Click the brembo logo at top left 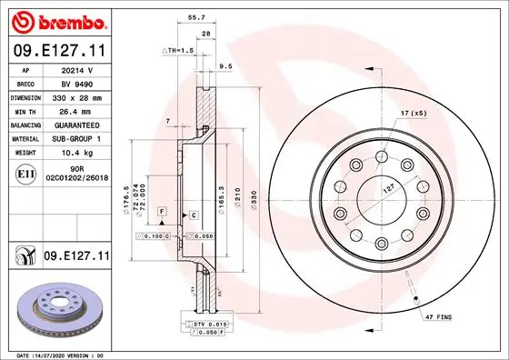[59, 20]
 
